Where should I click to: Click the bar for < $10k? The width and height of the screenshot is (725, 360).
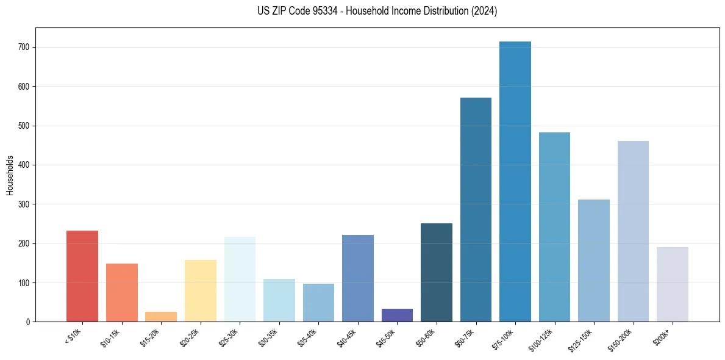tap(82, 276)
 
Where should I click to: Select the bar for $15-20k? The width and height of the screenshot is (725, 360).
tap(161, 317)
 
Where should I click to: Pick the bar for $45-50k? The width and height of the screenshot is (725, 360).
tap(397, 315)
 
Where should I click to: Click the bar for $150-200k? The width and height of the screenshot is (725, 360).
tap(633, 231)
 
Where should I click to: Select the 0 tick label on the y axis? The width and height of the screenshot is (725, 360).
tap(29, 322)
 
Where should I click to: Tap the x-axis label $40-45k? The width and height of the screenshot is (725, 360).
tap(347, 336)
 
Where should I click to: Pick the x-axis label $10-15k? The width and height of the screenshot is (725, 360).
tap(111, 336)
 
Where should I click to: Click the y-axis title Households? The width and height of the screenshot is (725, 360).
tap(10, 175)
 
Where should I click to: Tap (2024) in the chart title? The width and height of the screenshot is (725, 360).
tap(484, 11)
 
